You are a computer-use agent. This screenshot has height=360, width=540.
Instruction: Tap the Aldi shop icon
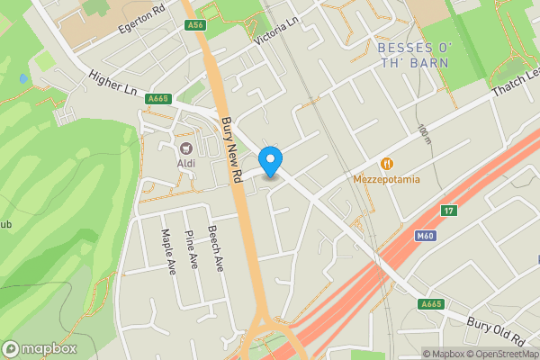click(x=186, y=148)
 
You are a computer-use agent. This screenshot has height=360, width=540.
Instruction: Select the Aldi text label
click(x=186, y=163)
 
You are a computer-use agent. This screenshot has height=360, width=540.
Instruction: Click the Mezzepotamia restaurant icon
click(x=387, y=164)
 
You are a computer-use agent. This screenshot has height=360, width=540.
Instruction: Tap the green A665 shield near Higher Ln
click(x=158, y=98)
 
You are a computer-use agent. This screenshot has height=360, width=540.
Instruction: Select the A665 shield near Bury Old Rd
click(x=432, y=305)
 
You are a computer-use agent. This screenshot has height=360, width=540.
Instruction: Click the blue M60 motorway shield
click(x=427, y=236)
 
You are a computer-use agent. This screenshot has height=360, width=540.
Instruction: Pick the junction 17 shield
click(x=448, y=211)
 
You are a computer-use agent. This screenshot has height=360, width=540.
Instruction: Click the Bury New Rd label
click(x=232, y=139)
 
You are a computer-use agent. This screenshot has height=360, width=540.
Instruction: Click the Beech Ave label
click(x=216, y=249)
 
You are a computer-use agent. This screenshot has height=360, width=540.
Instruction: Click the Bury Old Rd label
click(x=496, y=330)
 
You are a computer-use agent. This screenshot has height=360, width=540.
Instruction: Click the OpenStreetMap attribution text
click(x=503, y=354)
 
